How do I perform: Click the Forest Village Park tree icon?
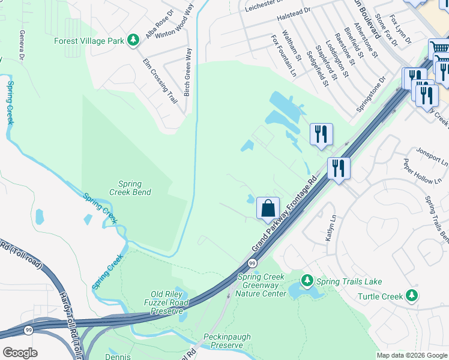click(133, 41)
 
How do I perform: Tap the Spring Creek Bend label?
click(130, 188)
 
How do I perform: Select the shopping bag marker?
click(268, 208)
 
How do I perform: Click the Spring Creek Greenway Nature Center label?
click(262, 285)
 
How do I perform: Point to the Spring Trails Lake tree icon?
click(307, 281)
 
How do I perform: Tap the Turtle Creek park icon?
click(411, 295)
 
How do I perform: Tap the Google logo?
click(20, 353)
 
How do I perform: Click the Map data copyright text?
click(412, 355)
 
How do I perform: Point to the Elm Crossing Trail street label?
click(160, 82)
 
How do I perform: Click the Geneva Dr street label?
click(22, 45)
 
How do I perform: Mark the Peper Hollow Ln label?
click(418, 172)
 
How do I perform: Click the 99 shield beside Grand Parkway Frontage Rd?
click(252, 263)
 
